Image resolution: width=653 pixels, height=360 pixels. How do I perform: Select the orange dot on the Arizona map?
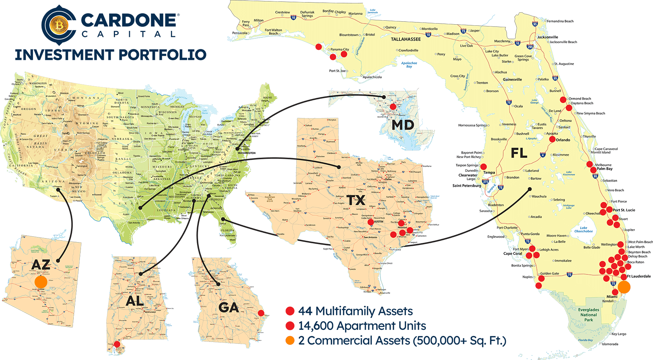(41, 282)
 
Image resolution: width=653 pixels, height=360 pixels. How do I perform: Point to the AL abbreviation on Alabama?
(135, 301)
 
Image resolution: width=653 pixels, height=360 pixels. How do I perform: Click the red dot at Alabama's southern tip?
(117, 344)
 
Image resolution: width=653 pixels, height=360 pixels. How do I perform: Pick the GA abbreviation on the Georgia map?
(229, 308)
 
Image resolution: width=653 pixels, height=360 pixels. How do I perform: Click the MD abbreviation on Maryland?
(403, 125)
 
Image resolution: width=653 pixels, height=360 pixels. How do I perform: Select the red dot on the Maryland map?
(393, 107)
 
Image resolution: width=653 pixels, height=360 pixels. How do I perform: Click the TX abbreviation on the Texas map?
(356, 200)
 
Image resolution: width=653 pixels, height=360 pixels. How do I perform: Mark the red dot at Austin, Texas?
(370, 222)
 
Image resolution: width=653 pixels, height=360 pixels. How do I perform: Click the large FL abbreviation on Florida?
(519, 153)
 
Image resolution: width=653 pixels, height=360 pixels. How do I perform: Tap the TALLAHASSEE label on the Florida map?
(406, 39)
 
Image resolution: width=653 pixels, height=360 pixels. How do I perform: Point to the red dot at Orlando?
(552, 139)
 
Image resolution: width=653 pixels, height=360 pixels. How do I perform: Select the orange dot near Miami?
(624, 287)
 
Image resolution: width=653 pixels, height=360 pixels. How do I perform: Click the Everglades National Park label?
(588, 315)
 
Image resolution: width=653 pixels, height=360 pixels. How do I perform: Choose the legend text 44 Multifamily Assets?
(355, 311)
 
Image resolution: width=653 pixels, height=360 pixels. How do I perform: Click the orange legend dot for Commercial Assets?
(290, 340)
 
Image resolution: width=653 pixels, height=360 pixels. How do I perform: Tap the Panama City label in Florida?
(340, 49)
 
